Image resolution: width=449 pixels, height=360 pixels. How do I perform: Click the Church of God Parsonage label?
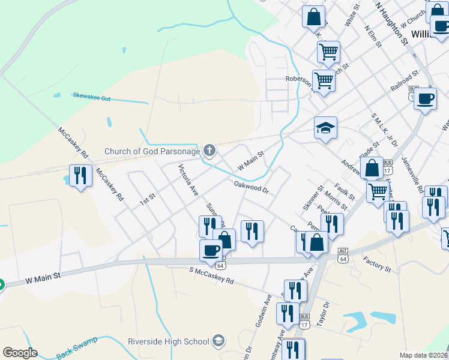[x=152, y=151]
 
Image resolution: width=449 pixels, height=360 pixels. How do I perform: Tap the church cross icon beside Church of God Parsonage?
[x=209, y=150]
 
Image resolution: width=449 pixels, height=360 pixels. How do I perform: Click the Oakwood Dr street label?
[x=250, y=187]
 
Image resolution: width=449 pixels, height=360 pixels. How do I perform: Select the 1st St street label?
[x=148, y=199]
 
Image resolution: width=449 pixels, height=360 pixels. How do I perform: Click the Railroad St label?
[x=404, y=82]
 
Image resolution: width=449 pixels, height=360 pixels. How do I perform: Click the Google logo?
[x=20, y=353]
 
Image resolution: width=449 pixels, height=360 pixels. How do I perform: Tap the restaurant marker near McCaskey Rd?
[x=80, y=176]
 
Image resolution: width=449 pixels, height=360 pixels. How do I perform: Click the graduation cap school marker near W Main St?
[x=325, y=128]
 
